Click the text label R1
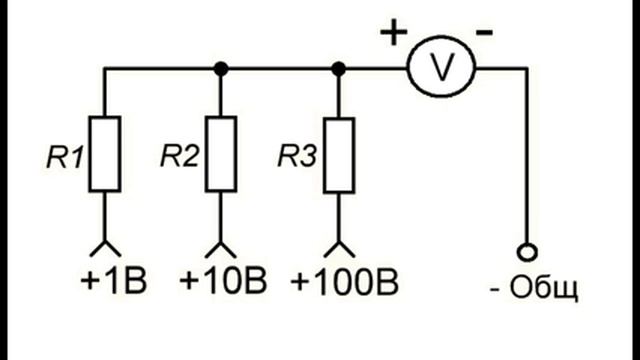pos(65,157)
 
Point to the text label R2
pos(180,155)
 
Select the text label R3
pos(297,155)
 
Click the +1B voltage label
pos(113,281)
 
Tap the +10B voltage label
pos(223,281)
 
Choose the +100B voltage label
pos(344,282)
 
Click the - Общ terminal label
pos(534,288)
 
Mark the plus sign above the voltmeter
pos(393,32)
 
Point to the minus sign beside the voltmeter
pos(484,32)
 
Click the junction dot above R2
pos(221,69)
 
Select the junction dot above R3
pos(338,69)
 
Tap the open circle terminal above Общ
pos(527,252)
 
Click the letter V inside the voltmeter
pos(442,67)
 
